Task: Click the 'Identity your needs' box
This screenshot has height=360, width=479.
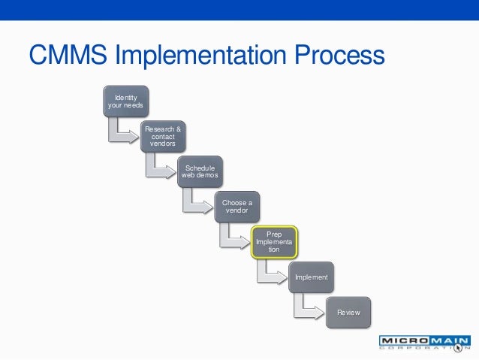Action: [126, 101]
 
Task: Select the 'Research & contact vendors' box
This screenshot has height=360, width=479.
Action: [163, 136]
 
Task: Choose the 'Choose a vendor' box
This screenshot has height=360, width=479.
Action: [237, 207]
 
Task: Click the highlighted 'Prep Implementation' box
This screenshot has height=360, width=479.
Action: [274, 242]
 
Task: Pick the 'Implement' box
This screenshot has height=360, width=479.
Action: [311, 277]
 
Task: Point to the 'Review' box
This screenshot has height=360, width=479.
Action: [348, 311]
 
